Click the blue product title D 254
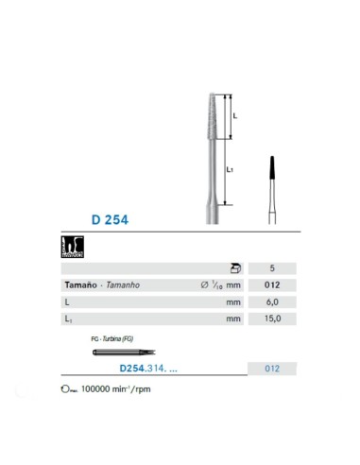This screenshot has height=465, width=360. [x=110, y=219]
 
